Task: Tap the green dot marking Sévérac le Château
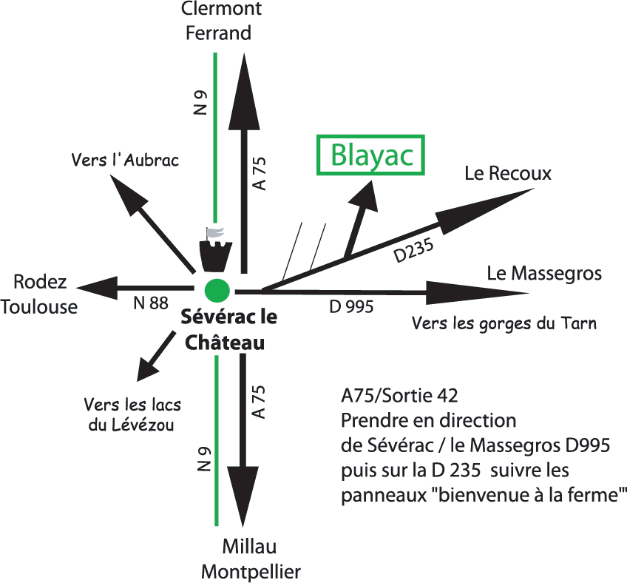point(217,291)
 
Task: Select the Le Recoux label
point(507,173)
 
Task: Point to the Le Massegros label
point(544,274)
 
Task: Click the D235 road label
point(413,250)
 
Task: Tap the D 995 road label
point(351,307)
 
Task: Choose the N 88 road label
point(151,303)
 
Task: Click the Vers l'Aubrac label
point(125,160)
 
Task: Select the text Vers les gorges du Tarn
point(504,323)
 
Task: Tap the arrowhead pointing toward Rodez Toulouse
point(97,288)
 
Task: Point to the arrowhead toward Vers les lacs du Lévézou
point(146,369)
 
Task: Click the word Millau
point(249,546)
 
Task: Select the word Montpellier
point(251,573)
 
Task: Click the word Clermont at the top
point(221,8)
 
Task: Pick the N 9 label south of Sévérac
point(204,459)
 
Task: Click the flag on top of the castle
point(214,233)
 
